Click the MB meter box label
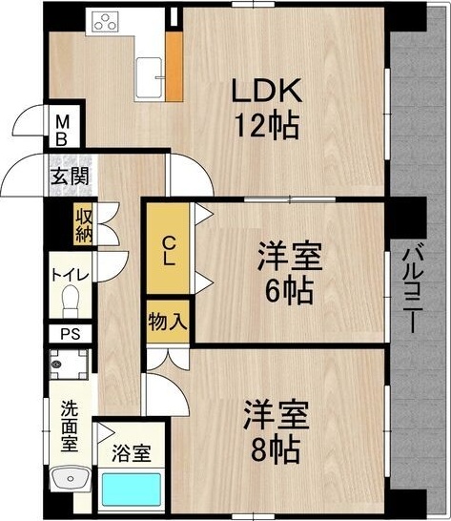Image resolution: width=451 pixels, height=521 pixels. (x=61, y=129)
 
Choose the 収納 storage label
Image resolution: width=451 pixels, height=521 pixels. (x=83, y=225)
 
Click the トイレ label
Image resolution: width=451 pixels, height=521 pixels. (x=71, y=276)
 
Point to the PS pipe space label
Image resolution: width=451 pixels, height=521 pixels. (x=71, y=334)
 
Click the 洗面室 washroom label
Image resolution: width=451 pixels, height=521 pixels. (x=71, y=424)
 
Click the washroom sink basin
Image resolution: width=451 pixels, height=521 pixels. (x=70, y=481)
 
